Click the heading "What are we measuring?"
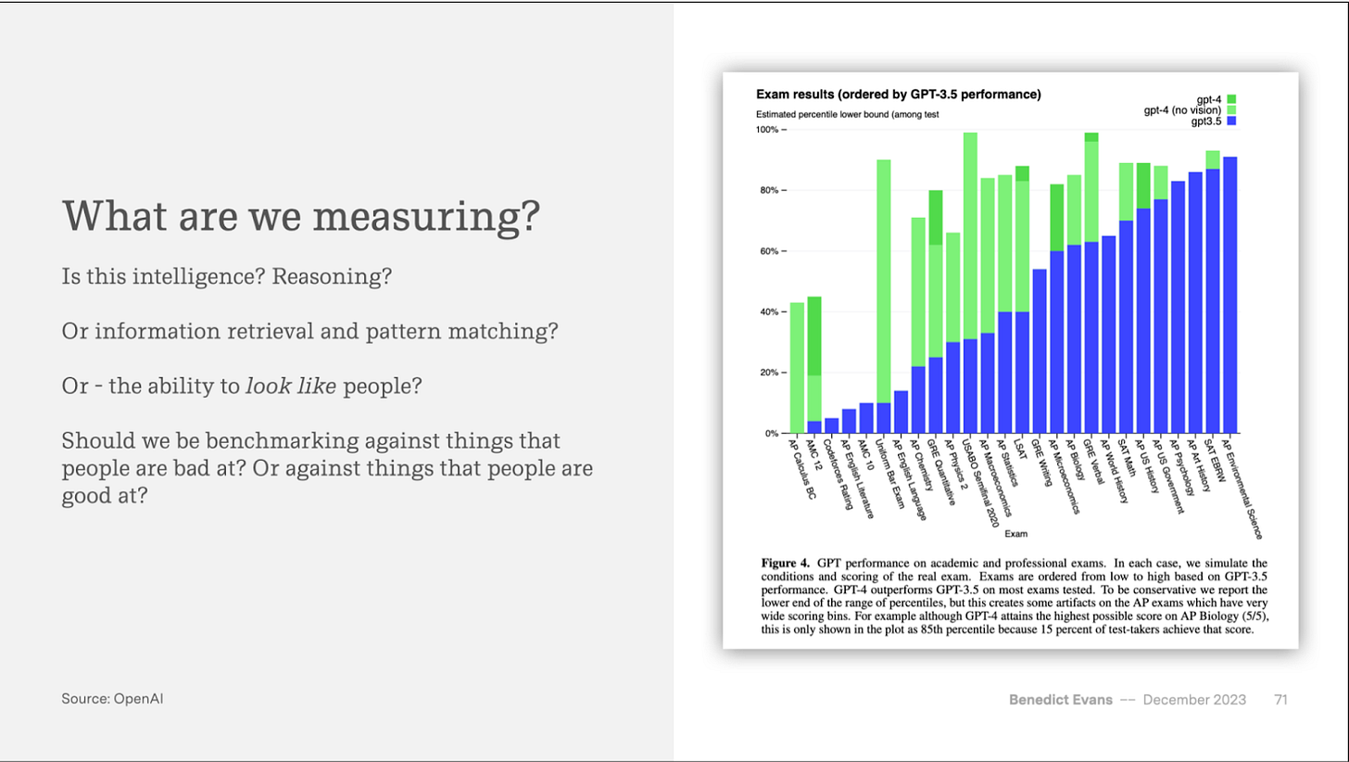300,215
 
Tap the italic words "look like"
291,386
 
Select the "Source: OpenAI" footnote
113,699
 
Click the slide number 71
1281,699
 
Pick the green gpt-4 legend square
1232,99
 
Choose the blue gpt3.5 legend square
1232,121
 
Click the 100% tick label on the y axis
770,130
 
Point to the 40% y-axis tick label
772,312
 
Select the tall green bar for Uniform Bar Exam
884,278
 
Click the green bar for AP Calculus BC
797,367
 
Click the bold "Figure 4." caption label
787,563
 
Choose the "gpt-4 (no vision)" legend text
1183,110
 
